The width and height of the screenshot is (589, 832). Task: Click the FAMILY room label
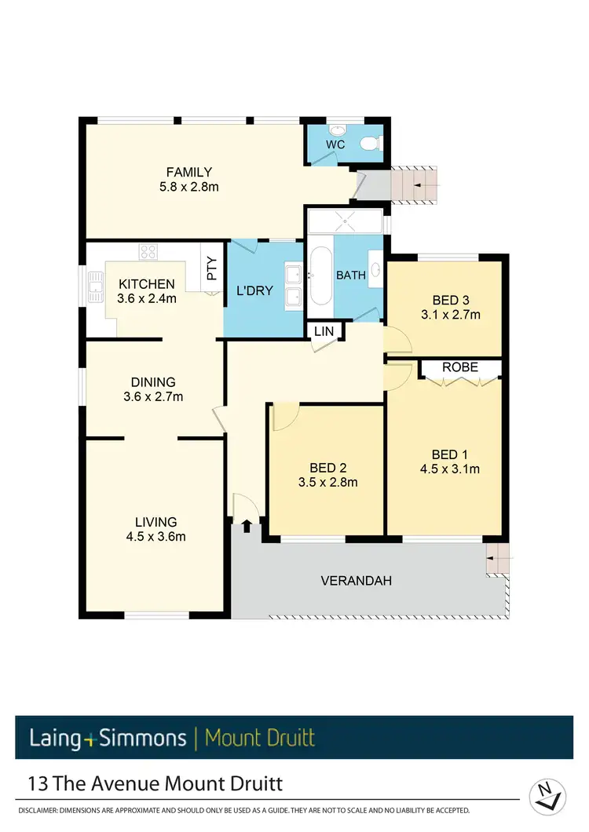pyautogui.click(x=188, y=172)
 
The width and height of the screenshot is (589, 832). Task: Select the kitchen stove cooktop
pyautogui.click(x=148, y=252)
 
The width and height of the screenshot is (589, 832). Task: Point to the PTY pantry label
pyautogui.click(x=210, y=270)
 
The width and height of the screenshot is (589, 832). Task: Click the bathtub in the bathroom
pyautogui.click(x=320, y=277)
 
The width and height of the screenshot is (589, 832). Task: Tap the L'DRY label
pyautogui.click(x=254, y=290)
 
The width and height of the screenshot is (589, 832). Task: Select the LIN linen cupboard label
pyautogui.click(x=324, y=332)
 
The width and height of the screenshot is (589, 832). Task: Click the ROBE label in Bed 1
pyautogui.click(x=460, y=367)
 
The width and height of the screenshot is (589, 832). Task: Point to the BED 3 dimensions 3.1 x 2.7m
pyautogui.click(x=445, y=315)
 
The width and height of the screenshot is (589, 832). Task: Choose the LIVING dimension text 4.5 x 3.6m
pyautogui.click(x=155, y=537)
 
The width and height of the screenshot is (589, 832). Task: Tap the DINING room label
pyautogui.click(x=154, y=382)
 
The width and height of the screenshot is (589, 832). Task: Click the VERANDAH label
pyautogui.click(x=356, y=581)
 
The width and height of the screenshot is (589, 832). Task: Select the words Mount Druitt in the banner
pyautogui.click(x=259, y=738)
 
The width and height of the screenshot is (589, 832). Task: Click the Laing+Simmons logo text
pyautogui.click(x=108, y=738)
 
